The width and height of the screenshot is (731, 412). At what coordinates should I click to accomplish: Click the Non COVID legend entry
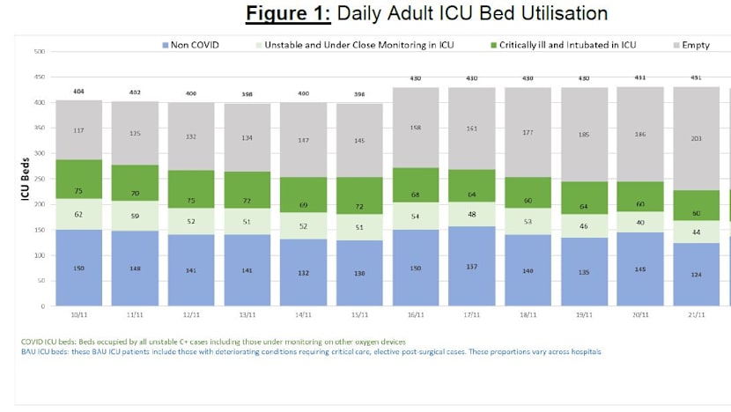[x=190, y=45]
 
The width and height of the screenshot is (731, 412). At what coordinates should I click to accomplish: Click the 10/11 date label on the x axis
[x=78, y=314]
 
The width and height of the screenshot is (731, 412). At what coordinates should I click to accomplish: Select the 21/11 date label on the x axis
[x=696, y=314]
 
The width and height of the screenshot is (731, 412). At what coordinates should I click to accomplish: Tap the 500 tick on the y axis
[x=40, y=53]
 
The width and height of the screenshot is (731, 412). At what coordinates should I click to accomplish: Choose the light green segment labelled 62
[x=78, y=214]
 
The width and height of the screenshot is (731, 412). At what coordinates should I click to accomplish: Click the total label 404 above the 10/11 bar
[x=78, y=91]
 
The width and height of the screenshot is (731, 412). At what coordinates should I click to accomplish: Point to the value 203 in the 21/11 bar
[x=696, y=138]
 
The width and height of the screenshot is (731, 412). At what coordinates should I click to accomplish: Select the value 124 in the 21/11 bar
[x=696, y=275]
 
